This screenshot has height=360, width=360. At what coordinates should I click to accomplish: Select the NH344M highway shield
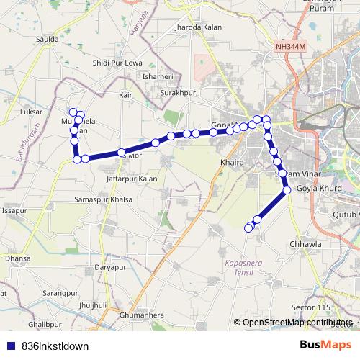point(290,46)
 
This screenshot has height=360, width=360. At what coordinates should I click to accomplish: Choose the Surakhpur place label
point(178,94)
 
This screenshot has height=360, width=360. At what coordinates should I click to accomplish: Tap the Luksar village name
point(33,113)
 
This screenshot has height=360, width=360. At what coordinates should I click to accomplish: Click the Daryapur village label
point(110,267)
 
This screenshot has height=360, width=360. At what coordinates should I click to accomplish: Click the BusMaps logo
point(326,345)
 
